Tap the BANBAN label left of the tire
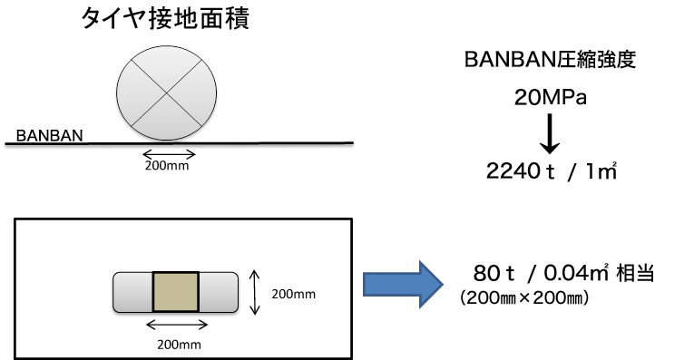(x=50, y=136)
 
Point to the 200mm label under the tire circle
(x=170, y=165)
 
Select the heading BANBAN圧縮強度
(x=553, y=61)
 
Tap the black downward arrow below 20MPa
(x=549, y=135)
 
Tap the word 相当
(x=633, y=273)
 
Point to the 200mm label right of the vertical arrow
(x=294, y=294)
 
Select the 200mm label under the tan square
(x=178, y=344)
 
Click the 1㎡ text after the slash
(x=601, y=171)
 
